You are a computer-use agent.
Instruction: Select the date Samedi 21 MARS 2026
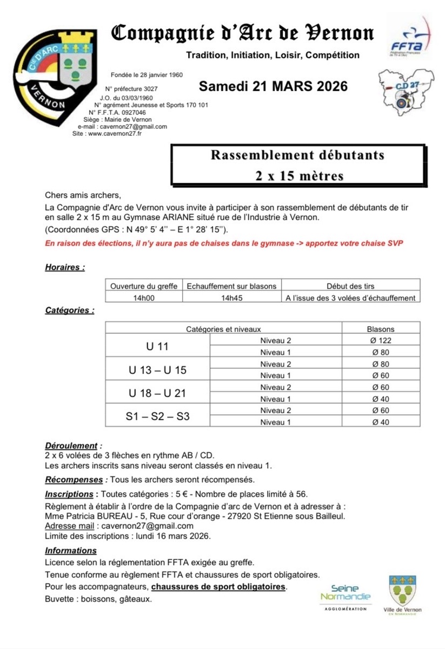[273, 87]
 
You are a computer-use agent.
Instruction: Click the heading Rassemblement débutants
[297, 156]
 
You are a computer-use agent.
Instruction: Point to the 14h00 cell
[143, 297]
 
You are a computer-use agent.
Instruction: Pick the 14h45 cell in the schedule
[233, 297]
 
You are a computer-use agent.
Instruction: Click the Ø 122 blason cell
[381, 340]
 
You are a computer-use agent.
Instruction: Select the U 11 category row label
[157, 346]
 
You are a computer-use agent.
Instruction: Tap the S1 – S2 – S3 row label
[157, 416]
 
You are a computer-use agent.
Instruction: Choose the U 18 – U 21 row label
[157, 393]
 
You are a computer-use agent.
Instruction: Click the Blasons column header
[381, 329]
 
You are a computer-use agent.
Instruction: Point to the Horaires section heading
[65, 267]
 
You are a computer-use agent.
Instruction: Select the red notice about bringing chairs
[224, 244]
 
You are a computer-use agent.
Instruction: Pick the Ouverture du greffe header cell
[143, 286]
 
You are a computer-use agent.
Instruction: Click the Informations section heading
[71, 551]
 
